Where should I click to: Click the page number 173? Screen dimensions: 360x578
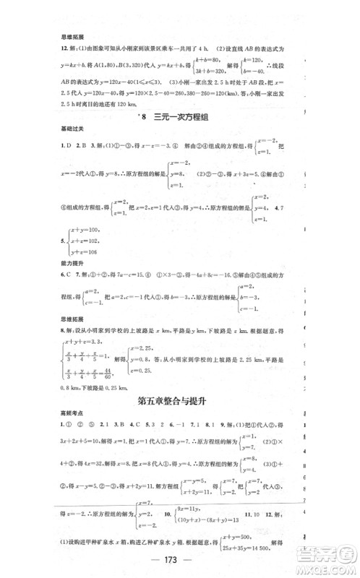pyautogui.click(x=179, y=563)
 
